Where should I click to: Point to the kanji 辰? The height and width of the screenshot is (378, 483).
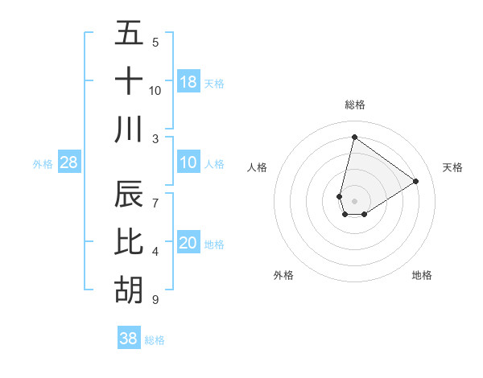pos(129,194)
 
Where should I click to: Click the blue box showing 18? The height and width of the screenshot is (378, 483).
pos(188,81)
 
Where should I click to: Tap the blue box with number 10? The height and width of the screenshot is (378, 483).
pos(188,163)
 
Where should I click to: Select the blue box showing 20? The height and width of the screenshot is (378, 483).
pos(188,244)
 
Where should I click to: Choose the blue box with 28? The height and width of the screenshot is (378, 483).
pos(68,163)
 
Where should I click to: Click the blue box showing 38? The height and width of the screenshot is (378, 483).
pos(129,339)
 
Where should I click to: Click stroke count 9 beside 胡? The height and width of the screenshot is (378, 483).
pos(155,300)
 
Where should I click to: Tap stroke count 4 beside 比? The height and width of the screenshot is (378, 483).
pos(155,252)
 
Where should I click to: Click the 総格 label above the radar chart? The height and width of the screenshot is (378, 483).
pos(355,105)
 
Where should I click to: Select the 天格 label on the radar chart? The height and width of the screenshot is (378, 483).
pos(452,167)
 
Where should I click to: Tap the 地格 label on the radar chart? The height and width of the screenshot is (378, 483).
pos(422,275)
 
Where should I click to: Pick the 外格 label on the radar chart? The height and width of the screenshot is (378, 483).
pos(283,275)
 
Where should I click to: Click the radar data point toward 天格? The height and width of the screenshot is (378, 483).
pos(415,181)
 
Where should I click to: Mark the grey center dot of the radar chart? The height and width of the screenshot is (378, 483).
pos(355,201)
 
